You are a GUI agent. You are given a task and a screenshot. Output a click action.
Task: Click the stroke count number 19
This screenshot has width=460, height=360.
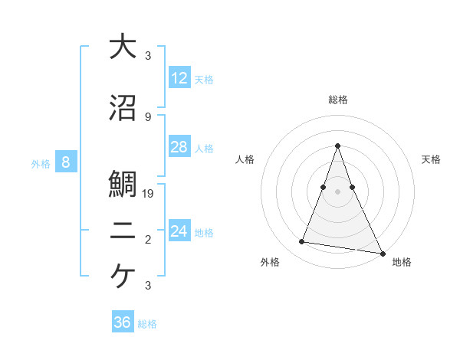tap(149, 194)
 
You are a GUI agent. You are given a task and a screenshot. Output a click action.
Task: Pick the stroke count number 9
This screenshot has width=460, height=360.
tap(148, 116)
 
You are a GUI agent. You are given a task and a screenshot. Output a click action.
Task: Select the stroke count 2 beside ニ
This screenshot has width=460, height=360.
tap(148, 241)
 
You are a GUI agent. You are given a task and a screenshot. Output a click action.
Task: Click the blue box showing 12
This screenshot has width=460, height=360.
tap(179, 77)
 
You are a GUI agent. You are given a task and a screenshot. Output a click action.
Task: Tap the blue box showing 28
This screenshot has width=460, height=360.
tap(179, 147)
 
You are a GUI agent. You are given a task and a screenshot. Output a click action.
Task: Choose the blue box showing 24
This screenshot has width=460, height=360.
tap(179, 231)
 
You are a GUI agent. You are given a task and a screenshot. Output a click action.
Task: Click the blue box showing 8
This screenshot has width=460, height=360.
tap(66, 162)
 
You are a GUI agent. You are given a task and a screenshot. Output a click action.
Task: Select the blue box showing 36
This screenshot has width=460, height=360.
tap(123, 322)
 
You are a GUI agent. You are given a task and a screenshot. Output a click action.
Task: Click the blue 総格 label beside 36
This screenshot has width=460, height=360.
tap(147, 324)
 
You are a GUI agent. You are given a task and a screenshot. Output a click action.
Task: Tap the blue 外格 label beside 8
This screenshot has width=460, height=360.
tap(41, 163)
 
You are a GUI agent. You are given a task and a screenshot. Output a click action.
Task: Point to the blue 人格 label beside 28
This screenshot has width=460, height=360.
tap(204, 149)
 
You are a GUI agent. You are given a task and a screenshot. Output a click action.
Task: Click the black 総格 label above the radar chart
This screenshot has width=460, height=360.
tap(337, 100)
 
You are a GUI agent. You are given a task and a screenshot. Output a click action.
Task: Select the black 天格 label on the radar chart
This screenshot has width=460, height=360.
tap(431, 159)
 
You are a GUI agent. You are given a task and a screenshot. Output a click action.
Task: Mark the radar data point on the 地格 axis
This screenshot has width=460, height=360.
tap(382, 253)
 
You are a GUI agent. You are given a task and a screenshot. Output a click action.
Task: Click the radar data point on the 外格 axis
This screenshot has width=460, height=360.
tap(302, 242)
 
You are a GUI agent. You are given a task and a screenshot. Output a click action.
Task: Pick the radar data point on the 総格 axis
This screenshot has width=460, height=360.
tap(337, 146)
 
